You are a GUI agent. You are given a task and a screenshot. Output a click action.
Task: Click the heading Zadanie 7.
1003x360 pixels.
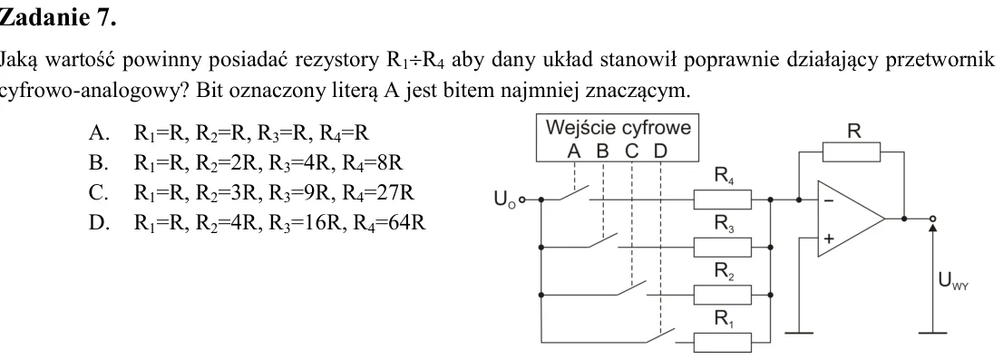point(57,17)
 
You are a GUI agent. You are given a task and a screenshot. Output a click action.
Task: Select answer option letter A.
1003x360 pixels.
point(97,133)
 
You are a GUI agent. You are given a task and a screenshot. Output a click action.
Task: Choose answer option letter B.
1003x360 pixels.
point(97,163)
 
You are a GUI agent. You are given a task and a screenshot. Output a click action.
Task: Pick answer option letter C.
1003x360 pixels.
point(97,192)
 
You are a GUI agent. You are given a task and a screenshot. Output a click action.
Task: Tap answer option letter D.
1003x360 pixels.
point(97,222)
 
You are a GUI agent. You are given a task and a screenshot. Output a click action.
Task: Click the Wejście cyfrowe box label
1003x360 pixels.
point(618,128)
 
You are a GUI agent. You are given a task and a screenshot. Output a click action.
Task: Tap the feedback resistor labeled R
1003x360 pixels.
point(852,152)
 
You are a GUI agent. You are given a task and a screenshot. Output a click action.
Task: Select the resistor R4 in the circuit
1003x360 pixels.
point(722,199)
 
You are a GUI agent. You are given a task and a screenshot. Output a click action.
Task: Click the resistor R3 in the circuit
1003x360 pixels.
point(722,247)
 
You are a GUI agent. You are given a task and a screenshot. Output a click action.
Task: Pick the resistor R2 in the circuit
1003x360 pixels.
point(722,295)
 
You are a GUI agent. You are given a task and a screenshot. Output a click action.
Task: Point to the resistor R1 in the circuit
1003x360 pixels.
point(722,342)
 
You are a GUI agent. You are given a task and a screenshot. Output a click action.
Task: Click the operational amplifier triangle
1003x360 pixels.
point(852,219)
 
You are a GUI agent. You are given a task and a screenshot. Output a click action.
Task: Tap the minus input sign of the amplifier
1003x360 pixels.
point(829,200)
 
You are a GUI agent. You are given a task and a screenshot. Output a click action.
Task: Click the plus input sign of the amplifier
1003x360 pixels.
point(829,238)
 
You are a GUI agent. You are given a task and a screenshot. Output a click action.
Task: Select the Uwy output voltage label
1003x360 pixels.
point(953,281)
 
